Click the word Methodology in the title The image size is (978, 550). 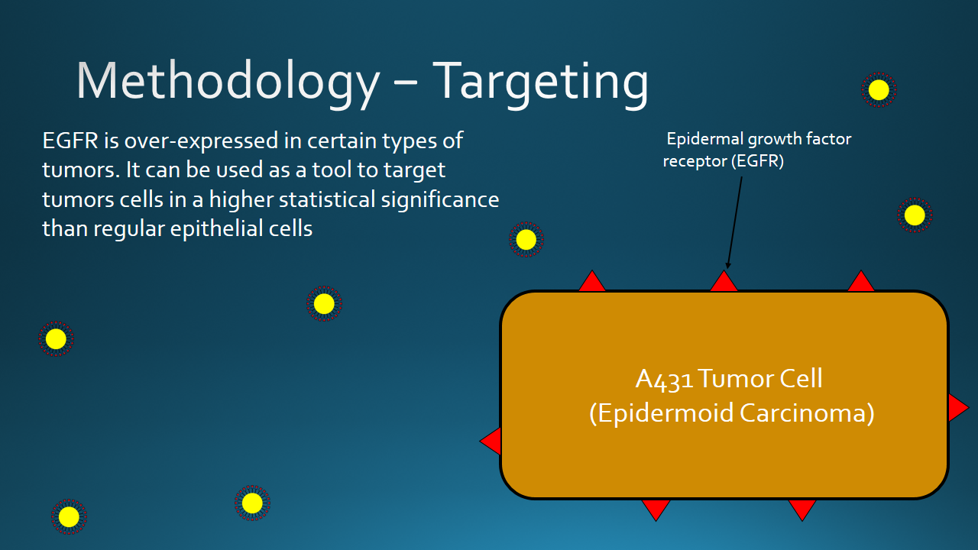point(228,82)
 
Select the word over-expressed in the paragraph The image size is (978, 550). point(201,141)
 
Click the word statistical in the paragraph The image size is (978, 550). point(327,199)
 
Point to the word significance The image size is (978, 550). point(440,200)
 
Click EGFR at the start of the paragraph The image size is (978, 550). point(70,141)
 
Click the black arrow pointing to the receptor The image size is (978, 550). point(734,222)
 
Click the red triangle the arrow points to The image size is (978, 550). point(724,282)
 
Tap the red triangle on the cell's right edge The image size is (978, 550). point(958,408)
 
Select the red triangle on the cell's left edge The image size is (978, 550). point(491,441)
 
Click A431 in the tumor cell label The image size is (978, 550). point(664,379)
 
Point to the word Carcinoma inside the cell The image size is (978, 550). point(807,413)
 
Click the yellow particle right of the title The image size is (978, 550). point(879,90)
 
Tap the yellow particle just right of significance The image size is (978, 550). point(526,240)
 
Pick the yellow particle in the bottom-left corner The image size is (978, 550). point(69,517)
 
